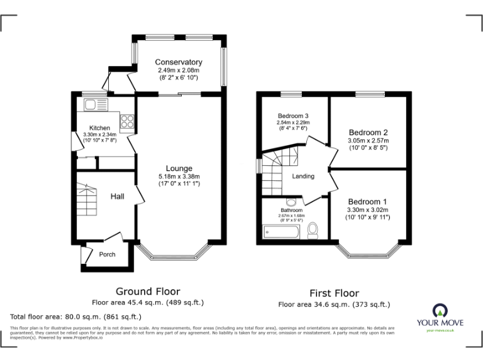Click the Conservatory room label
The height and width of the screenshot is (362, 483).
point(179,62)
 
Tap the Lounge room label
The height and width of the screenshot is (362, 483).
point(179,168)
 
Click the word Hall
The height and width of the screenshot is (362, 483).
point(118,197)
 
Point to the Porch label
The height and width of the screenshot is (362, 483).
point(108,255)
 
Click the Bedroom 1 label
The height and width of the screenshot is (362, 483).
point(368,201)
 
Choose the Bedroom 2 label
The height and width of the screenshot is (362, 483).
point(368,133)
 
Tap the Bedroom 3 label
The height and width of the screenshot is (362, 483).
point(293,116)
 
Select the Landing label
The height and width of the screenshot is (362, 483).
point(303,176)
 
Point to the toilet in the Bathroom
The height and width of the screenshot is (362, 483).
point(313,232)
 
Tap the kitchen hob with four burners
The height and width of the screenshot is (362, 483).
point(127,119)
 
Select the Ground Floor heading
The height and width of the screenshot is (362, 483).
point(148,292)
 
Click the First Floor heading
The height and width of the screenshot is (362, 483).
point(334,293)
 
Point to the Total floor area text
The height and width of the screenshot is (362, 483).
point(75,317)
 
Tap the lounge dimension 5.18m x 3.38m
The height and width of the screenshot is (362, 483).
point(179,177)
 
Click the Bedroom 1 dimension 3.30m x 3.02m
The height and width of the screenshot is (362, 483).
point(368,210)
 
